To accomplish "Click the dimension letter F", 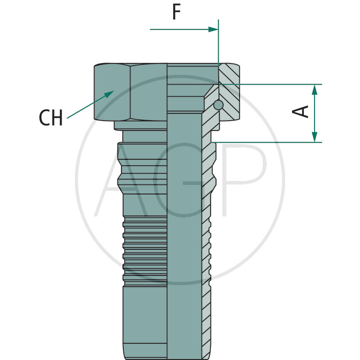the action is tap(176, 12).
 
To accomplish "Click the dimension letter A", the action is tap(300, 112).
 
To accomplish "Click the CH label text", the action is tap(51, 117).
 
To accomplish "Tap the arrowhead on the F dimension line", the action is tap(213, 29).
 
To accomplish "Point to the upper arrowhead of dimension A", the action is tap(315, 90).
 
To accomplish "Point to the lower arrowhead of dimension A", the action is tap(315, 137).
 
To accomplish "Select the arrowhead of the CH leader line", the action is tap(109, 94).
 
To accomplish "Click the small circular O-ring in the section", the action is tap(218, 105).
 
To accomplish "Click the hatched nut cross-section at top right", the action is tap(229, 92).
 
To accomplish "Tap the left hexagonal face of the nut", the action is tap(112, 92).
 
